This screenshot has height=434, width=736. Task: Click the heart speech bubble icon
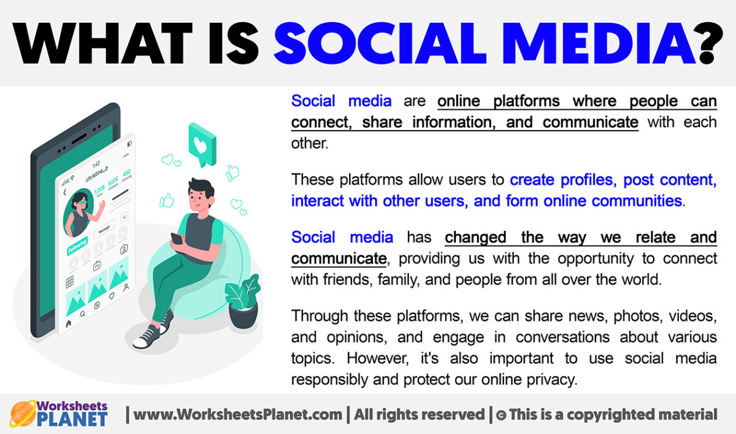[x=202, y=142]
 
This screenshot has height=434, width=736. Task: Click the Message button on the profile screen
[x=104, y=228]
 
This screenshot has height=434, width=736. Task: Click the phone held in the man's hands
[x=177, y=239]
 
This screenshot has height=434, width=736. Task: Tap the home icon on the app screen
[x=69, y=322]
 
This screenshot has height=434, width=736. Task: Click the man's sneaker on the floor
[x=147, y=336]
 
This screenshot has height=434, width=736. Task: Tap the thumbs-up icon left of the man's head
[x=166, y=200]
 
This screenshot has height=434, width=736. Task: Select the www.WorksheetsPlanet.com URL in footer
[x=237, y=415]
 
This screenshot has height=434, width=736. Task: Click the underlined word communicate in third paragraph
[x=338, y=258]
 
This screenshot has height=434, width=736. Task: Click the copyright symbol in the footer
[x=500, y=416]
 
